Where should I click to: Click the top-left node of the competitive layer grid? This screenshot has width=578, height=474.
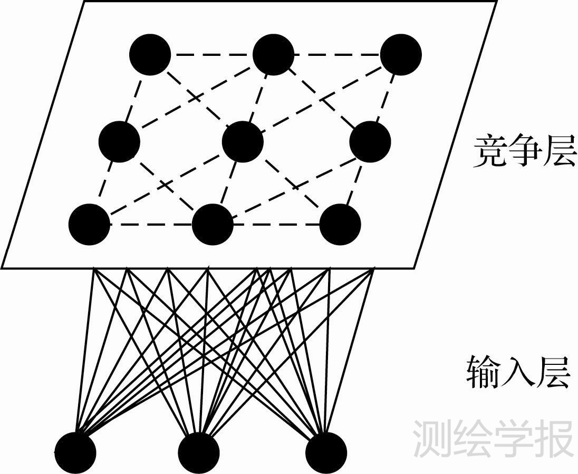point(150,54)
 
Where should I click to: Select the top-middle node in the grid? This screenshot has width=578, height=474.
point(273,54)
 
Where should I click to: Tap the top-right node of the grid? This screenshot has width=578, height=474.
point(401,54)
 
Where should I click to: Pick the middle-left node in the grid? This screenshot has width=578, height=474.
point(120,141)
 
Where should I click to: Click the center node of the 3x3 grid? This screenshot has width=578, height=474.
point(243,141)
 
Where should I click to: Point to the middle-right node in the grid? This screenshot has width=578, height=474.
point(370,141)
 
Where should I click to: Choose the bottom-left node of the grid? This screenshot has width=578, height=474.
point(89,225)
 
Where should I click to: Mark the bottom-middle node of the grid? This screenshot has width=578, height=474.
point(212,225)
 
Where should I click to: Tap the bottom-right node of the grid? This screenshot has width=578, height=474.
point(340,225)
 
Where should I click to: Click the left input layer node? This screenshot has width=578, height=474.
point(75,452)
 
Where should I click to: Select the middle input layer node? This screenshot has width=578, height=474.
point(198,452)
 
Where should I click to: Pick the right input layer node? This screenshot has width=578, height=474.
point(326,452)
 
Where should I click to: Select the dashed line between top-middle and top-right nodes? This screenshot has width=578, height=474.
point(337,54)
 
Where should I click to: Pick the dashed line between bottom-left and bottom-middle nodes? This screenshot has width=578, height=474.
point(151,225)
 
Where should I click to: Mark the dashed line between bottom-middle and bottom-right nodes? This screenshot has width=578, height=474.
point(276,225)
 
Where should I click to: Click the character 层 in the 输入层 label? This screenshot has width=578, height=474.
point(554,372)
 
